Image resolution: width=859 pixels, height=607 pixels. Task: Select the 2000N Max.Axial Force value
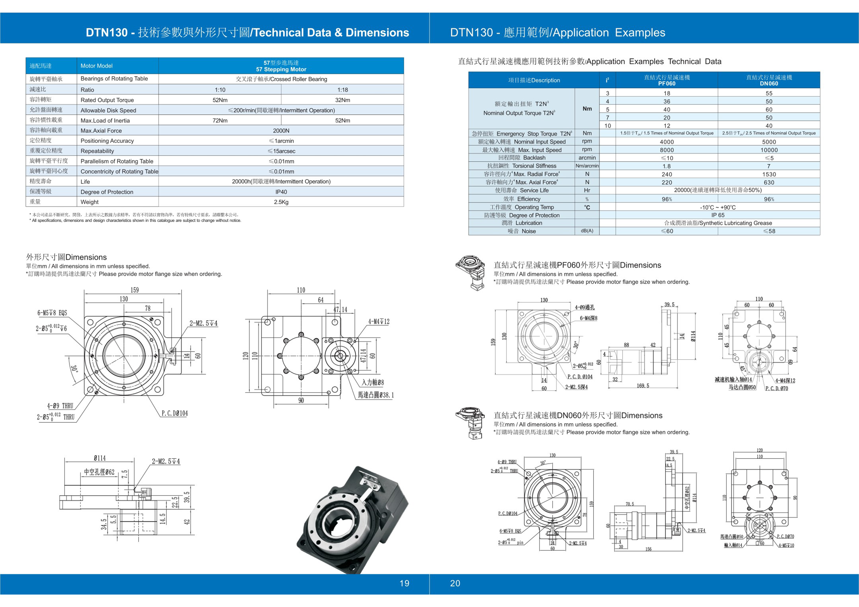(281, 130)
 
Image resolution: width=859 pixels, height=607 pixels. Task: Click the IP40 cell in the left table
(281, 192)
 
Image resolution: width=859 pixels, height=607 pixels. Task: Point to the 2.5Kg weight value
(281, 202)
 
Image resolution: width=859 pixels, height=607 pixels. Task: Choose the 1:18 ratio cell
(342, 90)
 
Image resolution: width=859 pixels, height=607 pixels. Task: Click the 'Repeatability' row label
(97, 151)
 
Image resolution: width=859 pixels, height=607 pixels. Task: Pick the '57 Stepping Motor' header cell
(281, 66)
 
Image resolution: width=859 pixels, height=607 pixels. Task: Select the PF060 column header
(667, 80)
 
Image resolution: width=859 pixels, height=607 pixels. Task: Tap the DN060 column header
(769, 80)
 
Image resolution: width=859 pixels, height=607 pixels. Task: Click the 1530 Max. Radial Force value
(769, 174)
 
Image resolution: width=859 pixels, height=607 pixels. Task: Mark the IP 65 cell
(717, 215)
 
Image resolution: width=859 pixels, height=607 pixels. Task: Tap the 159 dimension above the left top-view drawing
(135, 290)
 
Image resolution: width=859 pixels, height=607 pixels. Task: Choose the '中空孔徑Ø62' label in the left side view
(99, 472)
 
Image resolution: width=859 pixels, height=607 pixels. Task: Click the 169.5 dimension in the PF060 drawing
(643, 385)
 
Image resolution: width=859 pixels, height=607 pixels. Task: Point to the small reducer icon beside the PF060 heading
(471, 272)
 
